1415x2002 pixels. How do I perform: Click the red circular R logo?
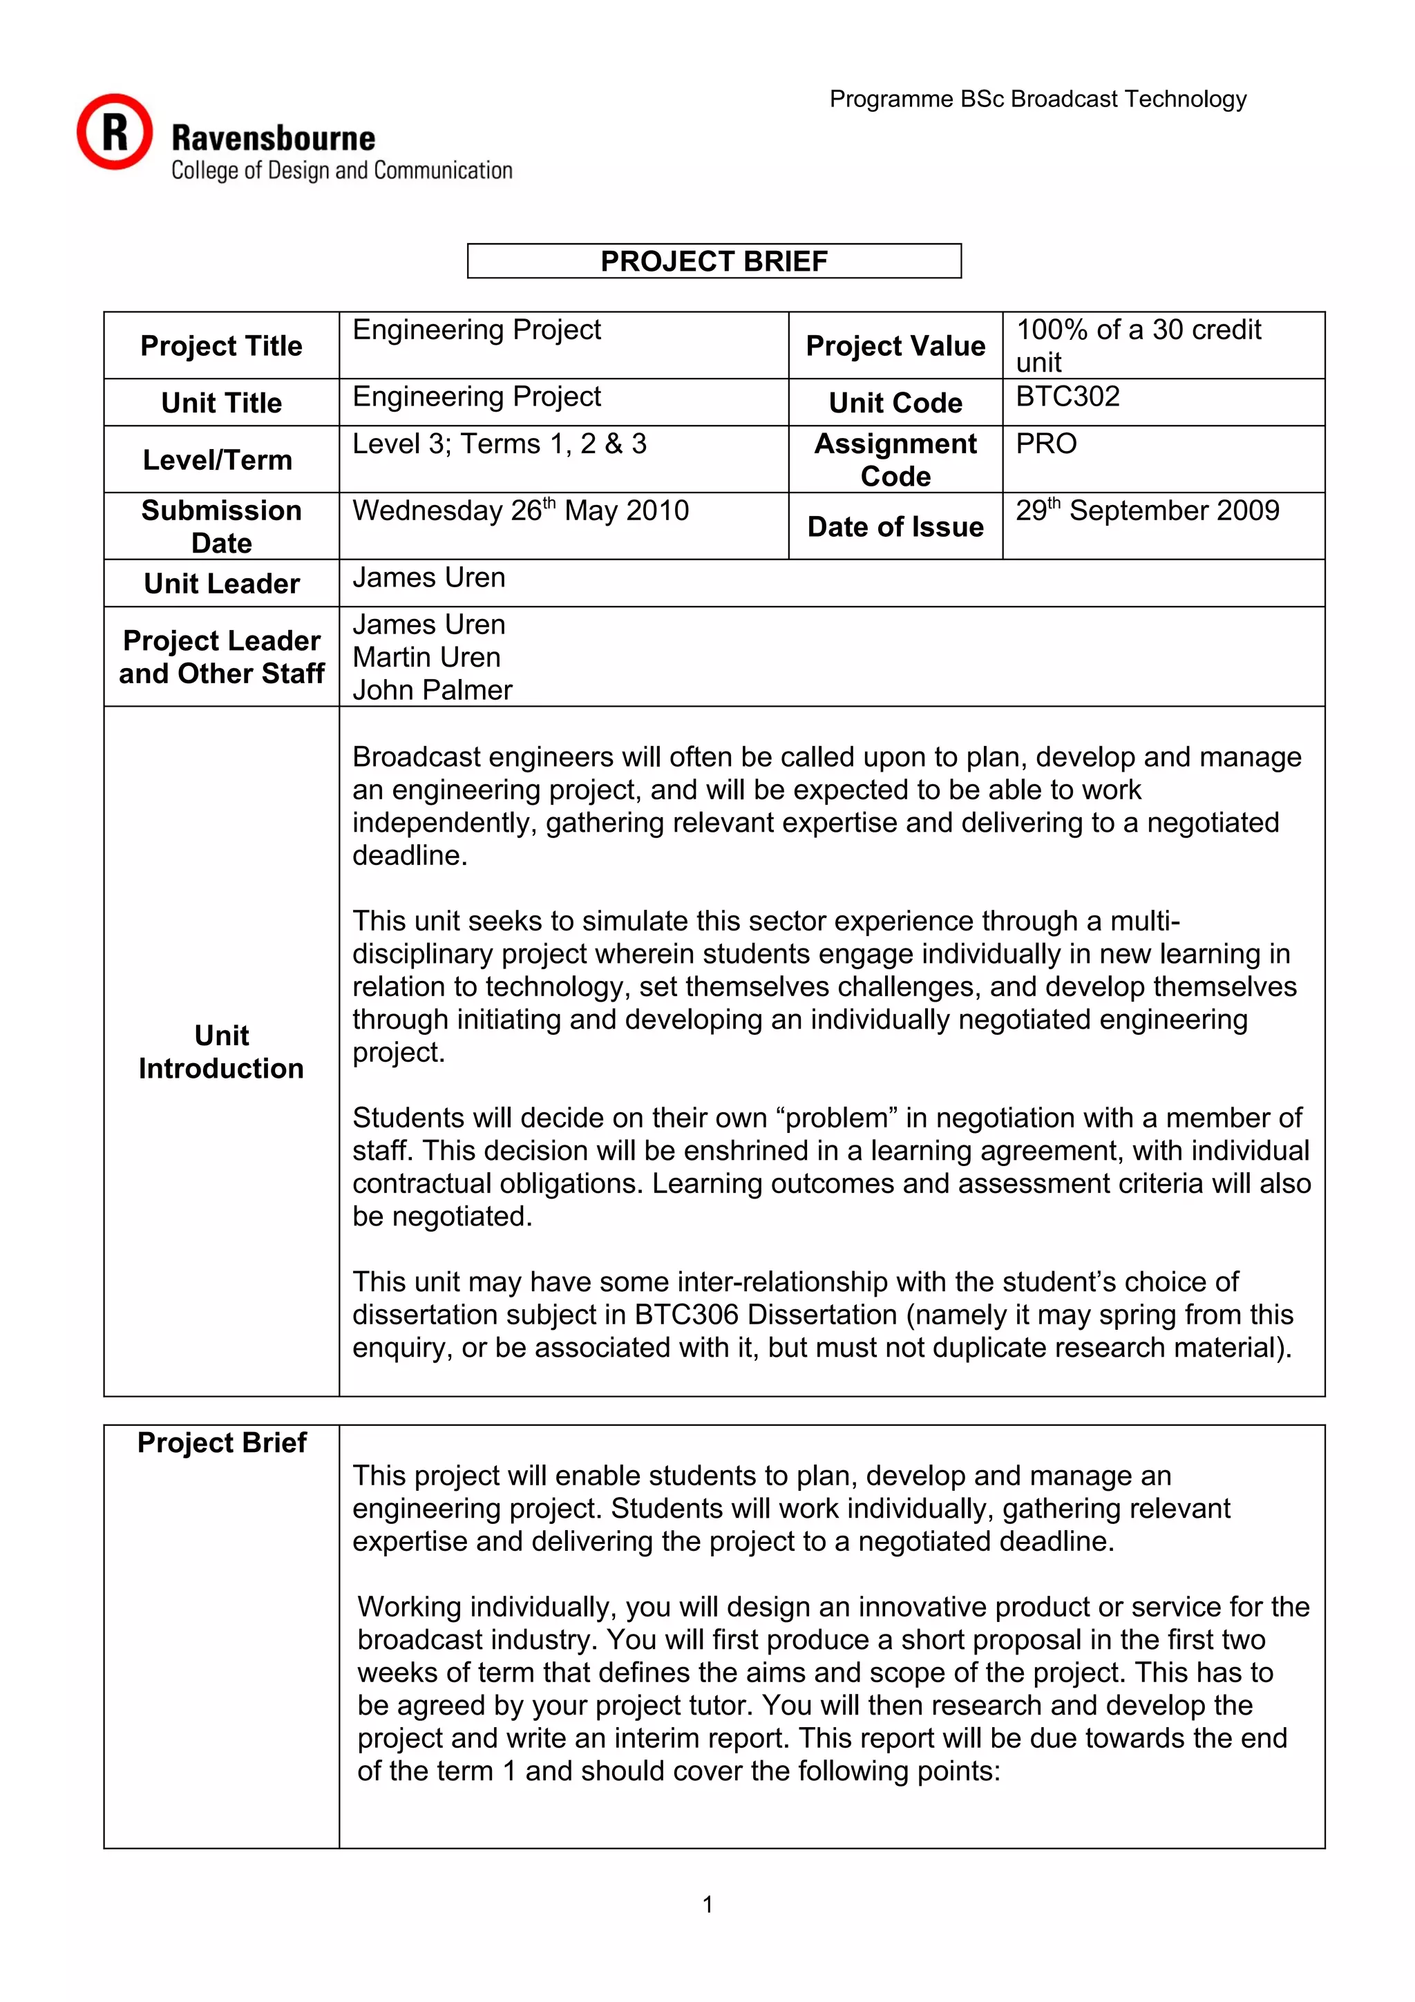point(114,132)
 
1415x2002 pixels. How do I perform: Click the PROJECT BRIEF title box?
point(713,260)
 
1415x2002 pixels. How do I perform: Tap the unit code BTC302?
point(1067,397)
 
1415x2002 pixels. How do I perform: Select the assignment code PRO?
point(1045,444)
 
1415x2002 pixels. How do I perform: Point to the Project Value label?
point(895,346)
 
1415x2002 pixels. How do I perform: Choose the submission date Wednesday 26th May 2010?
point(520,510)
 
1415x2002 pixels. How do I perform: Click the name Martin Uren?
point(426,658)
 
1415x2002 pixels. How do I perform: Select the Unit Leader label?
point(222,583)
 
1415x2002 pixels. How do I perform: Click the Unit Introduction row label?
point(222,1051)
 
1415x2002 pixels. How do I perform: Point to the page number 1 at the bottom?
point(707,1905)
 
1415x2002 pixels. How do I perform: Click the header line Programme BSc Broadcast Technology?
point(1038,99)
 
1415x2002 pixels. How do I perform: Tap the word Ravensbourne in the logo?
point(273,139)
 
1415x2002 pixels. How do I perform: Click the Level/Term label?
point(217,459)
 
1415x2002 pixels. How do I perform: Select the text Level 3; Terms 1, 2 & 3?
point(499,444)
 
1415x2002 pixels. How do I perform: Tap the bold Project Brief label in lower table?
point(222,1443)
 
